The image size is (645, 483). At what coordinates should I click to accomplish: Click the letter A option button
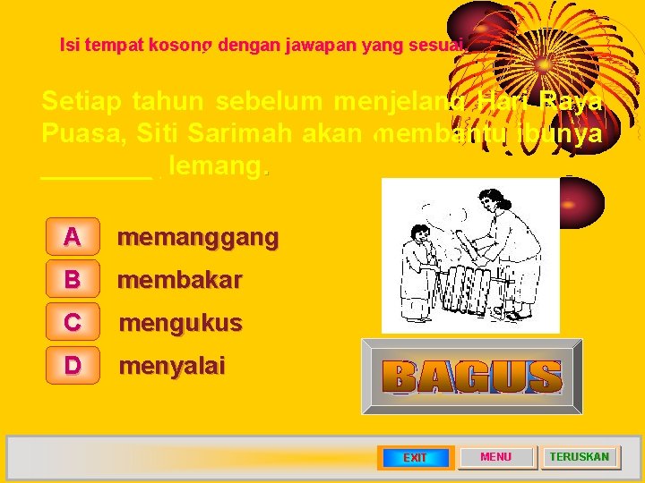pyautogui.click(x=72, y=236)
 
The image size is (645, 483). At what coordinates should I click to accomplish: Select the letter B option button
pyautogui.click(x=72, y=279)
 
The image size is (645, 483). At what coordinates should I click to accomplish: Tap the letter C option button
pyautogui.click(x=72, y=322)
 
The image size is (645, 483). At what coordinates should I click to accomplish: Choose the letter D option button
pyautogui.click(x=72, y=365)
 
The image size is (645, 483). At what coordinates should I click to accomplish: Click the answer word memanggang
pyautogui.click(x=198, y=237)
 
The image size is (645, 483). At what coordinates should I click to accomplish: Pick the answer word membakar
pyautogui.click(x=180, y=280)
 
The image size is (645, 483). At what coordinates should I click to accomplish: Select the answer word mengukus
pyautogui.click(x=180, y=322)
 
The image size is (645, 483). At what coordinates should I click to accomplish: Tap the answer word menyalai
pyautogui.click(x=172, y=366)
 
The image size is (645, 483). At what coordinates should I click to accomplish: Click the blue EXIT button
pyautogui.click(x=415, y=457)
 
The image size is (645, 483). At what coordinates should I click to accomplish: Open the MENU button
pyautogui.click(x=496, y=457)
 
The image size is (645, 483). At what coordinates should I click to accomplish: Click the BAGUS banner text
pyautogui.click(x=472, y=377)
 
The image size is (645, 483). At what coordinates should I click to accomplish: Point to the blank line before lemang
pyautogui.click(x=97, y=169)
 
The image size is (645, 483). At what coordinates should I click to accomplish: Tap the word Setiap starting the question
pyautogui.click(x=82, y=101)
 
